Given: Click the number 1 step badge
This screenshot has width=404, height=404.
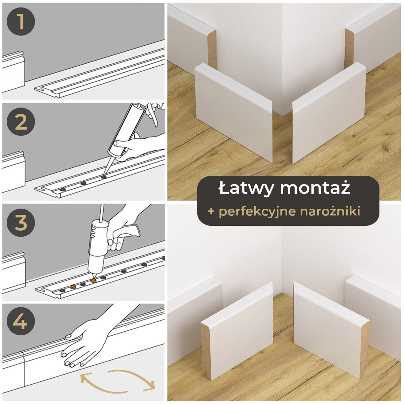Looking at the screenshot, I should tap(21, 21).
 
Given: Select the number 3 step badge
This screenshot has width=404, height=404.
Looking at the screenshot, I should tap(21, 222).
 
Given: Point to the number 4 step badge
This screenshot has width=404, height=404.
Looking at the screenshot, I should tap(21, 321).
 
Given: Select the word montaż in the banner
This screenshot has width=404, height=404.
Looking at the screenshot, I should tap(315, 188).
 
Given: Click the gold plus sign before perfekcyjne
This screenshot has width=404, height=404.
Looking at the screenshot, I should tap(211, 211).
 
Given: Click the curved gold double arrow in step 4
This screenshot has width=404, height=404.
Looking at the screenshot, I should tap(118, 381).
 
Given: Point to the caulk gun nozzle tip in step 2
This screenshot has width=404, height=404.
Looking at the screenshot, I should tap(104, 175).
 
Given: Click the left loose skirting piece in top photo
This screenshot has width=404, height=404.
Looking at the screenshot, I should tap(233, 113).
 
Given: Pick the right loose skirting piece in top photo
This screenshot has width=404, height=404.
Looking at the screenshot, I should tap(329, 113).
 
